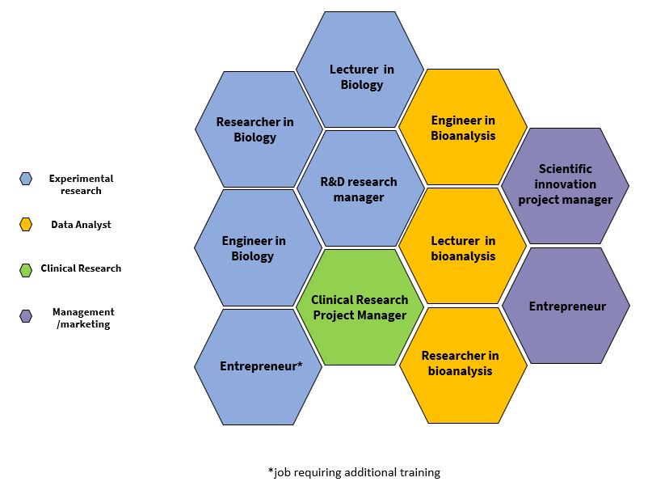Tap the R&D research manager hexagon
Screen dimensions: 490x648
360,188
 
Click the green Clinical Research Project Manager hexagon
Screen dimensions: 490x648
360,307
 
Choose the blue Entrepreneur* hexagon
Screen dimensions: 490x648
259,366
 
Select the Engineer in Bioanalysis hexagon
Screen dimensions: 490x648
463,128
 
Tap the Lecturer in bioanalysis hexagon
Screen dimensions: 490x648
463,247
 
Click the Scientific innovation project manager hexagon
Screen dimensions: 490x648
565,185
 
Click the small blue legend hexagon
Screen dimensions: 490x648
26,179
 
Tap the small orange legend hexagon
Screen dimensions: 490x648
26,225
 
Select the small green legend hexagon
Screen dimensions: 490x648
26,269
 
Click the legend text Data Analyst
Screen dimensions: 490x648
81,225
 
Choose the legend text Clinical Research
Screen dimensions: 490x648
81,268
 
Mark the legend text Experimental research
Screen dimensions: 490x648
81,184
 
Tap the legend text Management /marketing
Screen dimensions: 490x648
83,318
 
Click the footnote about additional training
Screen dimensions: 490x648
354,472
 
